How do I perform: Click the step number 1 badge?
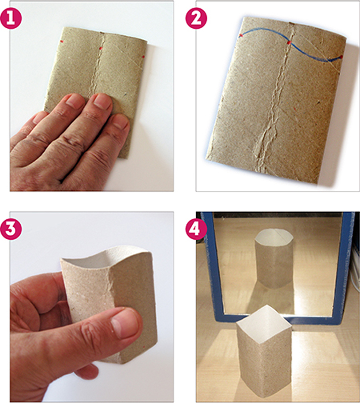pyautogui.click(x=11, y=18)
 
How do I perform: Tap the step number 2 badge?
pyautogui.click(x=196, y=18)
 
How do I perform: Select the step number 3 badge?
pyautogui.click(x=11, y=229)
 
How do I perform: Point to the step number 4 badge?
pyautogui.click(x=196, y=229)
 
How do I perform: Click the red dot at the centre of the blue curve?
pyautogui.click(x=289, y=42)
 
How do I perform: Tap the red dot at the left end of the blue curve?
pyautogui.click(x=241, y=35)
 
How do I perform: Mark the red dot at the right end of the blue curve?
pyautogui.click(x=341, y=57)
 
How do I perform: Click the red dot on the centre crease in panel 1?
pyautogui.click(x=101, y=48)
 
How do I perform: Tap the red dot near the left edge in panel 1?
pyautogui.click(x=62, y=41)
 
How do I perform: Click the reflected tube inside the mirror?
pyautogui.click(x=274, y=258)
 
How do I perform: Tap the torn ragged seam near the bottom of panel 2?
pyautogui.click(x=265, y=144)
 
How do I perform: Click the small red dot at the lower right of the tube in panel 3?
pyautogui.click(x=144, y=347)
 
